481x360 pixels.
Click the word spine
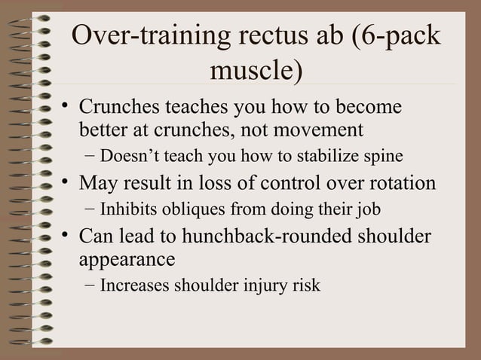[386, 157]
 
